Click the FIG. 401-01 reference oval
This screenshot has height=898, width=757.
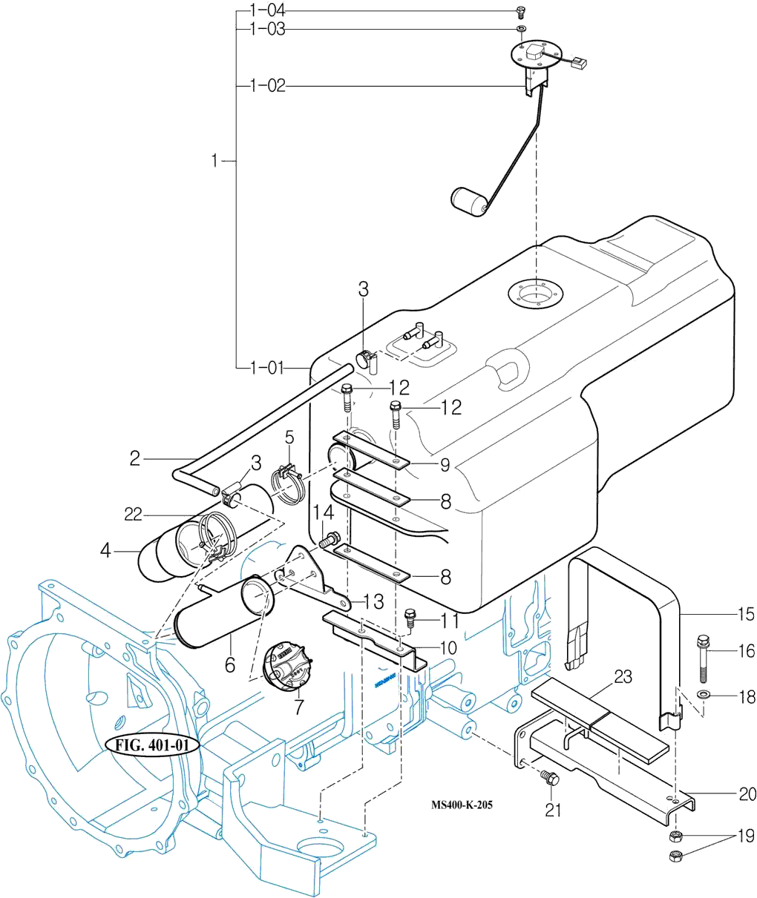[154, 745]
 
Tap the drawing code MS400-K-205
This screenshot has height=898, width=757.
[462, 805]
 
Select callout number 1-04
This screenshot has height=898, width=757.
[268, 10]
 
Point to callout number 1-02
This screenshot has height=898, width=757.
[268, 87]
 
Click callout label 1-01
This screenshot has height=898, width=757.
[268, 367]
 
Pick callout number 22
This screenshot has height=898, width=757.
[133, 514]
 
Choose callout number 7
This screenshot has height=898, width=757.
[298, 707]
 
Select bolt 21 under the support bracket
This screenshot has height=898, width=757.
[550, 779]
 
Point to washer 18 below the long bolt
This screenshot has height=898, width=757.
[703, 696]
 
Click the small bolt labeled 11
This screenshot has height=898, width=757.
[409, 618]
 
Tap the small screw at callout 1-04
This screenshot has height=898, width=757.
[520, 11]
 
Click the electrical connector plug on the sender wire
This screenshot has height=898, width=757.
[580, 64]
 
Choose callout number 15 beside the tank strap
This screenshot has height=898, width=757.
[745, 615]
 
